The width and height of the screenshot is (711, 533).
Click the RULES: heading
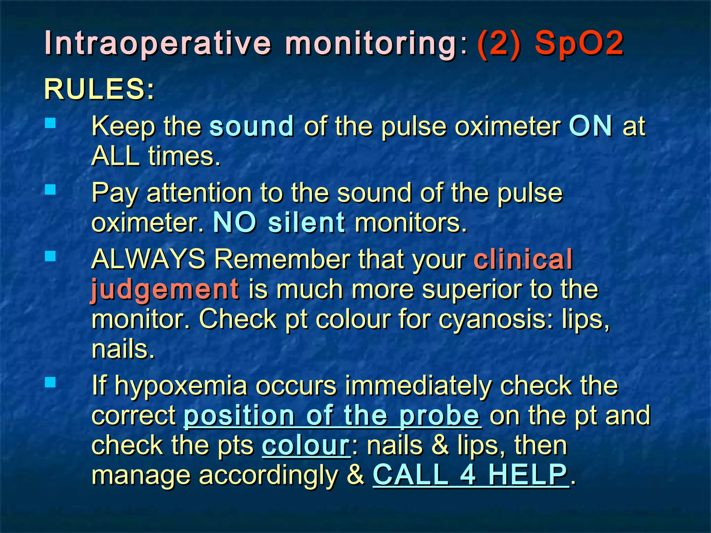(x=99, y=89)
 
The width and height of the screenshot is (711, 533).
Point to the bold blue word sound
(x=252, y=126)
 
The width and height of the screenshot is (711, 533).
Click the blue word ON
(x=591, y=126)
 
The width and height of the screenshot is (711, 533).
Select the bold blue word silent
(x=307, y=222)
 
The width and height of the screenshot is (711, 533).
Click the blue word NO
(x=235, y=222)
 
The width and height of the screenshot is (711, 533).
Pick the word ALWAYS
(x=149, y=259)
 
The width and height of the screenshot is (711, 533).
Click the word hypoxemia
(x=181, y=386)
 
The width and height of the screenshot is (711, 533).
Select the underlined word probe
(x=440, y=415)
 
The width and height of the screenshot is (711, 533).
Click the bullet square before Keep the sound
(x=50, y=123)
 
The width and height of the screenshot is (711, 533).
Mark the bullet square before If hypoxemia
(x=50, y=382)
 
